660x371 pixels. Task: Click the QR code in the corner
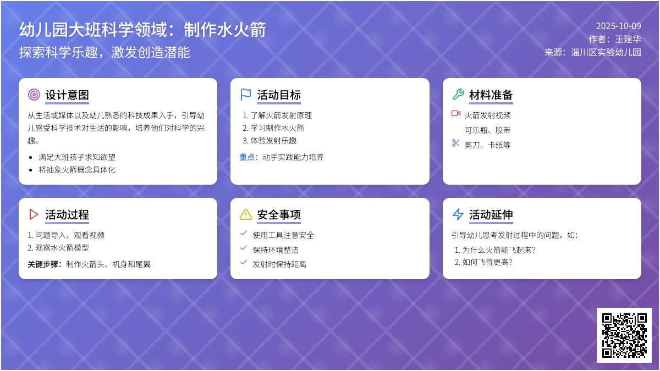(x=624, y=335)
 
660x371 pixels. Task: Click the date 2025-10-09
(x=619, y=26)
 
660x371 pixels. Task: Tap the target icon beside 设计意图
(x=34, y=95)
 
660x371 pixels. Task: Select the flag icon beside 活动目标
(x=246, y=95)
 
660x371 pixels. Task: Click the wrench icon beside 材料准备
(x=458, y=95)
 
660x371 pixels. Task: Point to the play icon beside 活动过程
(x=34, y=214)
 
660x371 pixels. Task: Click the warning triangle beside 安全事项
(x=246, y=214)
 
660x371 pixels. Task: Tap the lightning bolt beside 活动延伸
(x=458, y=214)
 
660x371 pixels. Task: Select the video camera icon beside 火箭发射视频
(x=456, y=113)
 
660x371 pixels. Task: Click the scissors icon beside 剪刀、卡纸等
(x=456, y=143)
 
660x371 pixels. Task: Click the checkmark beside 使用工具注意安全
(x=244, y=233)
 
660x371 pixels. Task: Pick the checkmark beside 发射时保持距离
(x=244, y=262)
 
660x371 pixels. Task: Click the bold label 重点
(x=249, y=157)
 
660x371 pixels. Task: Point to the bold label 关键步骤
(x=45, y=264)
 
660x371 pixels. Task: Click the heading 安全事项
(x=279, y=215)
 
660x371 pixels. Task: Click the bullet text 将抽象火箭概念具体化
(x=77, y=170)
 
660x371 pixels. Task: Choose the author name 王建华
(x=628, y=39)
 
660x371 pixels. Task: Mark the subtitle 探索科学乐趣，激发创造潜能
(x=105, y=53)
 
